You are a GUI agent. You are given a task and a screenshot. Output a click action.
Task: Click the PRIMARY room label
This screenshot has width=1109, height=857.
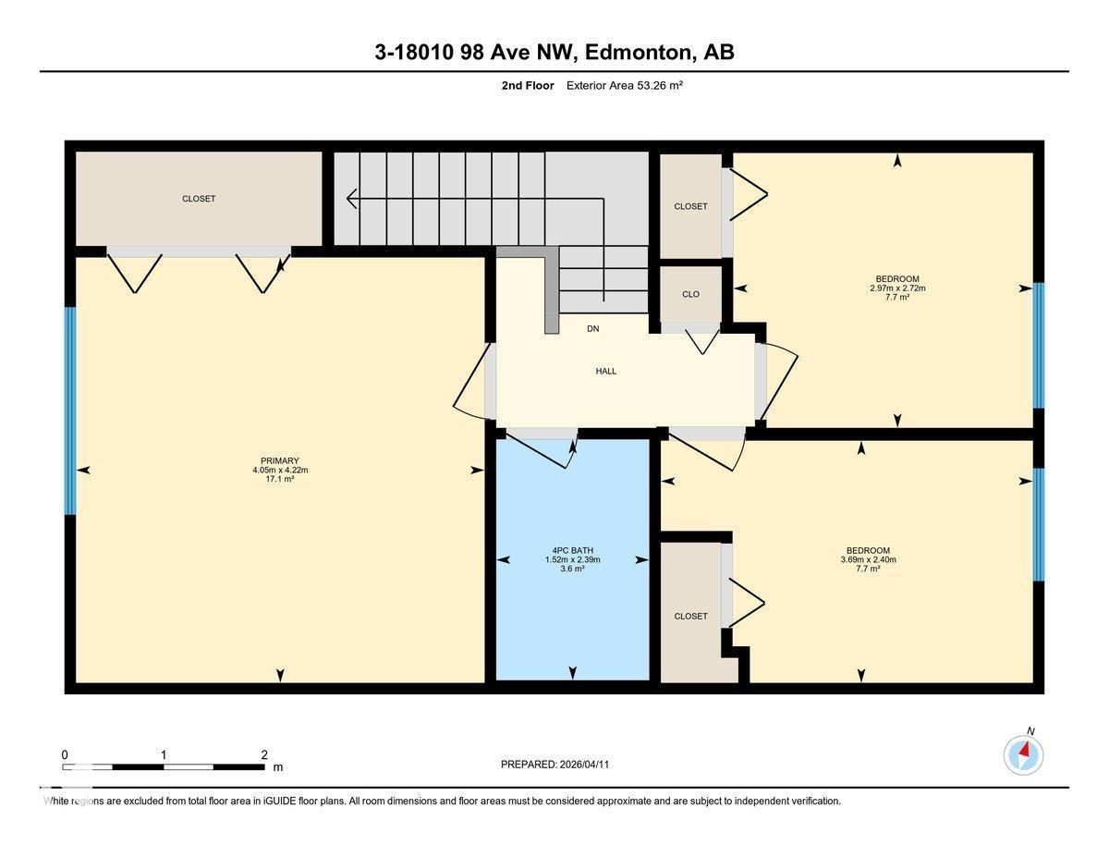click(x=280, y=460)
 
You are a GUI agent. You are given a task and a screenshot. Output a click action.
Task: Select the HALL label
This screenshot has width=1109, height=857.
click(x=605, y=371)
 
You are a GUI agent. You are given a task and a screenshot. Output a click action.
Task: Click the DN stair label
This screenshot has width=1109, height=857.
click(x=592, y=329)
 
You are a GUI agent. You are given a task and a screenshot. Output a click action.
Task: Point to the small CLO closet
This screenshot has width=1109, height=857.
click(x=690, y=294)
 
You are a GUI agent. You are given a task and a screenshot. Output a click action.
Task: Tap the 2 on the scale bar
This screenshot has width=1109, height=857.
click(x=264, y=754)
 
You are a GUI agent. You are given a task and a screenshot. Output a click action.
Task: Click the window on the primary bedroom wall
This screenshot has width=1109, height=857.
click(x=70, y=410)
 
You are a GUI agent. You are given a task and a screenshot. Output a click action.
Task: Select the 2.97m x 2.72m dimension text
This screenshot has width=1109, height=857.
click(x=896, y=288)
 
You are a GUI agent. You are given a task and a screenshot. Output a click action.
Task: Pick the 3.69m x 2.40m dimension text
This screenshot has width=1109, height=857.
click(x=868, y=559)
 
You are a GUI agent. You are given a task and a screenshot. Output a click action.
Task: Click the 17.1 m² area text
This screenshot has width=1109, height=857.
click(x=280, y=479)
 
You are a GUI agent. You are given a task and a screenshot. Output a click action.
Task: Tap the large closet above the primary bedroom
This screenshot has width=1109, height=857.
click(x=199, y=199)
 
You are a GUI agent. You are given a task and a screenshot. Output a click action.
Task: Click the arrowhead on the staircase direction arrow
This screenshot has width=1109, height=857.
click(x=352, y=198)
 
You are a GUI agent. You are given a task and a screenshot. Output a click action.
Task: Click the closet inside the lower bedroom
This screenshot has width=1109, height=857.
click(x=690, y=616)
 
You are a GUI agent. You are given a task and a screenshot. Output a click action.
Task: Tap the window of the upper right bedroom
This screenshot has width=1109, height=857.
click(x=1039, y=345)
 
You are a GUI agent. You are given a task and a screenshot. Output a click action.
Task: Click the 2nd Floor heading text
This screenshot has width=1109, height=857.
click(x=523, y=86)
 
